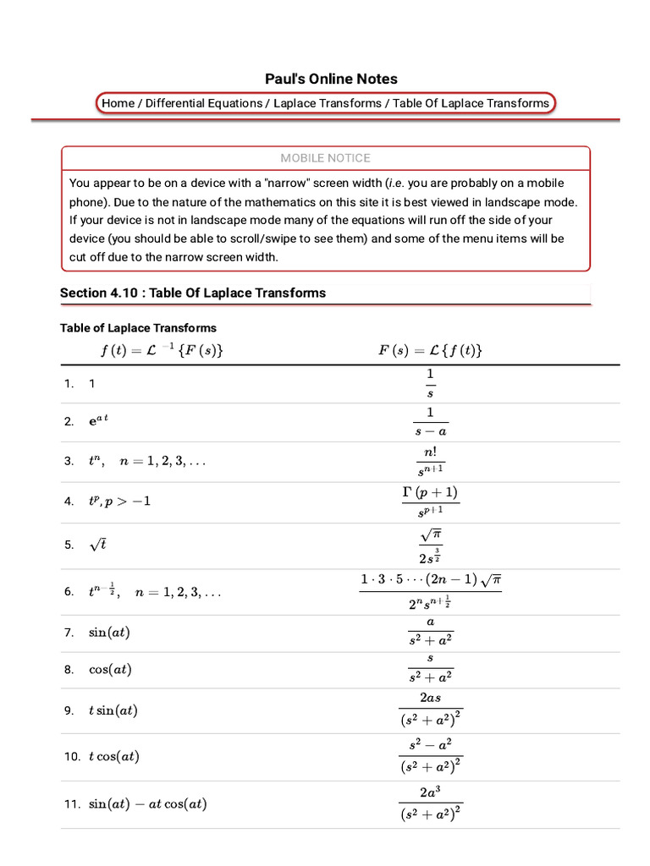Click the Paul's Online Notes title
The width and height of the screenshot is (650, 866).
(x=331, y=79)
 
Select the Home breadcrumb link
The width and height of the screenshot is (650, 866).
(x=118, y=103)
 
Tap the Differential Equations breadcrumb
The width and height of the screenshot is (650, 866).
(x=204, y=103)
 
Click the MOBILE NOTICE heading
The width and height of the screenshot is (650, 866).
(x=325, y=158)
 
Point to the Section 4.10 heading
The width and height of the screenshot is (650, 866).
(x=193, y=293)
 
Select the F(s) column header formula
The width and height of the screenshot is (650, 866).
(x=430, y=350)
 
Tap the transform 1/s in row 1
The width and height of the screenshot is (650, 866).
(x=430, y=382)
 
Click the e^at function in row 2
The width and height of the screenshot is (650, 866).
(x=99, y=421)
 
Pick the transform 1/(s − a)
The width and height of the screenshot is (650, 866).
(x=430, y=421)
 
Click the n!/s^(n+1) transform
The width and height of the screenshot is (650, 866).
(x=430, y=462)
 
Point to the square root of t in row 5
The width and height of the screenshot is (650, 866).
(x=97, y=545)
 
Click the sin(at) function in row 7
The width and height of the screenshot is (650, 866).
(x=109, y=633)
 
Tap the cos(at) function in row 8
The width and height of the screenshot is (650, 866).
(x=110, y=670)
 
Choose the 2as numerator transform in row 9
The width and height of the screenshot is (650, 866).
(x=430, y=710)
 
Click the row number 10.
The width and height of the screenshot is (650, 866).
(x=71, y=757)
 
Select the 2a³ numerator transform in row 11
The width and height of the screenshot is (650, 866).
(x=430, y=804)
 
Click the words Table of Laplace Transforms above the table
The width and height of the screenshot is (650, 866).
(x=138, y=328)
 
